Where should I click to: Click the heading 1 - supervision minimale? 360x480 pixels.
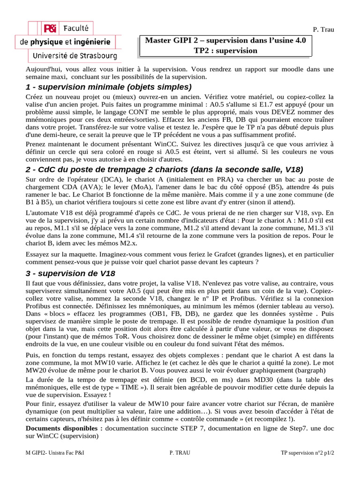(x=109, y=87)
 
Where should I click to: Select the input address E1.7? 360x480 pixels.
(x=270, y=105)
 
